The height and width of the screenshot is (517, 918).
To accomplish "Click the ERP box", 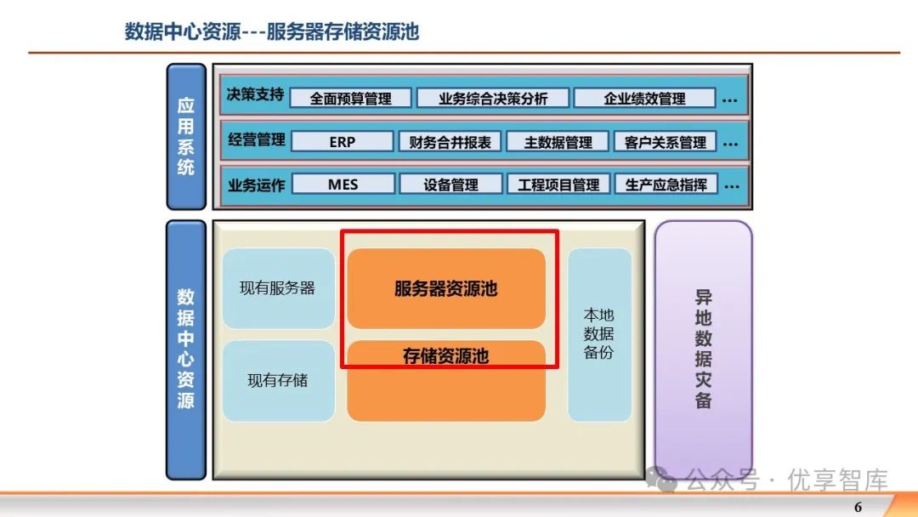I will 343,142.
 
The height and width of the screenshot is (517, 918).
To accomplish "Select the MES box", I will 343,185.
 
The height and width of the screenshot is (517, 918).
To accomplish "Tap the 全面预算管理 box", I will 350,99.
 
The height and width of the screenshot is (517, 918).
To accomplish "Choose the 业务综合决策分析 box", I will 493,99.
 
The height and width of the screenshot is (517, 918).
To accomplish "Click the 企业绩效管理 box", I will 644,99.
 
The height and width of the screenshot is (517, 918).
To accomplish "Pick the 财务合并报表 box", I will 450,142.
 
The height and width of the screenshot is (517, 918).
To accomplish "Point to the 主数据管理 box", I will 558,142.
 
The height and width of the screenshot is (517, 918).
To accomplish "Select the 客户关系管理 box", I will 665,142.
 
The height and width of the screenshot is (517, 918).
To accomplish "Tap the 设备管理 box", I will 450,185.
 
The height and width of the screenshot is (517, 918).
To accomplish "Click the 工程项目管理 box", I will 558,185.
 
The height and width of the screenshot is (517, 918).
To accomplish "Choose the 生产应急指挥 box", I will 666,185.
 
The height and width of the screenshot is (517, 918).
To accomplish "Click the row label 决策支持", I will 255,95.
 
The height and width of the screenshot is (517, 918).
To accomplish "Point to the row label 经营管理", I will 256,139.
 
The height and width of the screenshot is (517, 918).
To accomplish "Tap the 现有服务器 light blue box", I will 278,288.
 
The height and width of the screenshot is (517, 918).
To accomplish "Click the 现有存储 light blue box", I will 278,381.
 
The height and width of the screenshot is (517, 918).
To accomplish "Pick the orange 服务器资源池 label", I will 445,289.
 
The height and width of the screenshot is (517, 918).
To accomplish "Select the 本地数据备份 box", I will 599,333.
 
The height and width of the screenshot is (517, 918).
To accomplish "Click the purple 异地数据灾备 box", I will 703,349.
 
